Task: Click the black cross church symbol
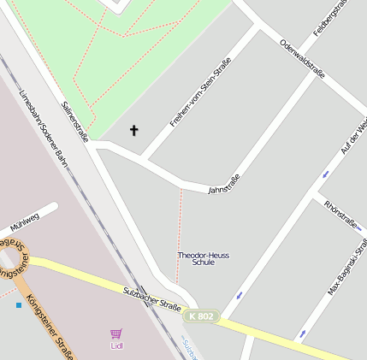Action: (133, 131)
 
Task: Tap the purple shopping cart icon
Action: (116, 334)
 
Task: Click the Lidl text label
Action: (116, 346)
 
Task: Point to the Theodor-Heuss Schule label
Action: (203, 258)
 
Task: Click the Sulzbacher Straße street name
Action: (152, 299)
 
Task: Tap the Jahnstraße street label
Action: (224, 184)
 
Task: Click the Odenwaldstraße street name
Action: (302, 59)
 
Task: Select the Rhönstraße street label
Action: (341, 214)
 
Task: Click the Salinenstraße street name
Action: (75, 121)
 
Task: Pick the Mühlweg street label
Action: (24, 222)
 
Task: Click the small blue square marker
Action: (18, 304)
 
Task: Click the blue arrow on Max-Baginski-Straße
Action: (301, 333)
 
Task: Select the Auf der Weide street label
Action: (353, 137)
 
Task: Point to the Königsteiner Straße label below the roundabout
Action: (49, 326)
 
